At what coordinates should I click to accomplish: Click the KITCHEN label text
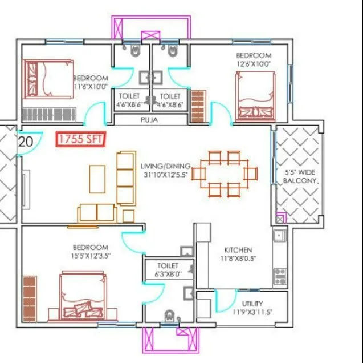(x=238, y=250)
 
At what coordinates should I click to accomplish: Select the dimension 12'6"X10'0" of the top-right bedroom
(x=254, y=64)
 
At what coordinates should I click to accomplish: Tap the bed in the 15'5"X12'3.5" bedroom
(x=82, y=297)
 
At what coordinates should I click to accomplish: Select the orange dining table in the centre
(x=223, y=173)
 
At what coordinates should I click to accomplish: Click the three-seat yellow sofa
(x=126, y=178)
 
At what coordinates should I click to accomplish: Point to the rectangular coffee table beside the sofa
(x=97, y=179)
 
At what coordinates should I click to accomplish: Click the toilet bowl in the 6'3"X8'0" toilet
(x=169, y=316)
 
